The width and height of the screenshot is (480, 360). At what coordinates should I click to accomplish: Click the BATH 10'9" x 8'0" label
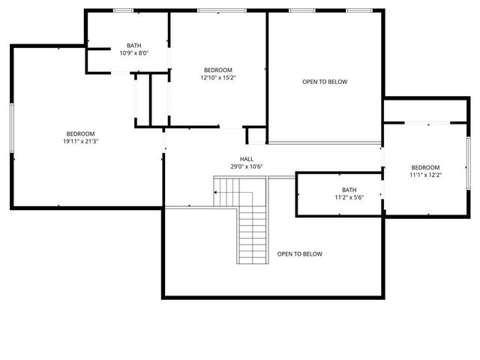point(134,49)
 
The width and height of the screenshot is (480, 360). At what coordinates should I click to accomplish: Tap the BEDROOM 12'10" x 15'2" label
point(218,73)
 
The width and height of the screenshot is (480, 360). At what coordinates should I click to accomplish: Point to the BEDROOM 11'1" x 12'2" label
point(424,171)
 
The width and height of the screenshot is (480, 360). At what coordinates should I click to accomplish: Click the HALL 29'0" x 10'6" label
point(247,163)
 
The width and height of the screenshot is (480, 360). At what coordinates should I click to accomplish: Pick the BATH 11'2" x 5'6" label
point(349,193)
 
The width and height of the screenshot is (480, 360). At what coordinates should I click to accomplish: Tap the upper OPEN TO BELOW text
point(325,82)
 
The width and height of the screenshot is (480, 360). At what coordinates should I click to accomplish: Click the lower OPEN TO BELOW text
point(300,254)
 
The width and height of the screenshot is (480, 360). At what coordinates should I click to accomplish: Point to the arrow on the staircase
point(217,193)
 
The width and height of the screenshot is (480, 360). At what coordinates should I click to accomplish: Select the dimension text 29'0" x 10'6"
point(247,166)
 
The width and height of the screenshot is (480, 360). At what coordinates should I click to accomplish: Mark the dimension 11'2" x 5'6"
point(349,197)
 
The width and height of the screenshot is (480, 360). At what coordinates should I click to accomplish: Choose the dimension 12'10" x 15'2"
point(218,77)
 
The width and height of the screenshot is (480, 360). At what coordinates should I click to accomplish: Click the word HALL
point(247,159)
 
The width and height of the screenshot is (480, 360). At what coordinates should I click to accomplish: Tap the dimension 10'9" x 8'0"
point(134,53)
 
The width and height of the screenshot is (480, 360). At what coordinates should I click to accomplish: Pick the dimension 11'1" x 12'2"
point(424,175)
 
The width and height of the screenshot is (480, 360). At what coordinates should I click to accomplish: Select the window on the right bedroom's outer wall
point(467,158)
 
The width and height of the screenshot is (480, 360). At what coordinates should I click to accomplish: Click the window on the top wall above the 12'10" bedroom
point(217,10)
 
